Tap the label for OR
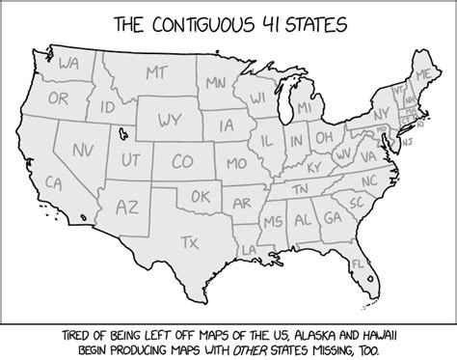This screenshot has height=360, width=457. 59,98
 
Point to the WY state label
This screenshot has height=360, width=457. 172,122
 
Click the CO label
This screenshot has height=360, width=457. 180,160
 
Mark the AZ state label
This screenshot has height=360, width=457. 127,207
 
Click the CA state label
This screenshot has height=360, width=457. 54,181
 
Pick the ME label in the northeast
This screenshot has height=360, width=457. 422,72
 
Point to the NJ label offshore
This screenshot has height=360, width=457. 406,141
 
